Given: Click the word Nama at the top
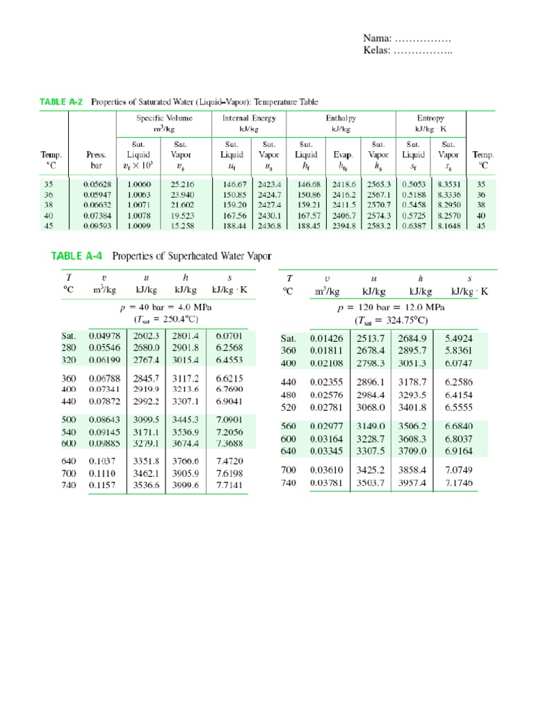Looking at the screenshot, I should pos(377,38).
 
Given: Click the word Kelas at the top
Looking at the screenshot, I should pos(378,50).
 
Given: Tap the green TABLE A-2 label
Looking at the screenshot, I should pos(61,102).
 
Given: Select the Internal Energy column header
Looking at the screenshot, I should pos(250,118).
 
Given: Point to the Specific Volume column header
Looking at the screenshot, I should pos(164,118).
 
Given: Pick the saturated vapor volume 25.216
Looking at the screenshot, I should pos(181,185).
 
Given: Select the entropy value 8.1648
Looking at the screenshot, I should pos(448,226).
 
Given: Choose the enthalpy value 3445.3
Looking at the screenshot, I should pos(185,420).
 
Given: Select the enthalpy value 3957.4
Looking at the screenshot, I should pos(413,483).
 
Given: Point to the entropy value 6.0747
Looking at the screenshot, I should pos(458,363).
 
